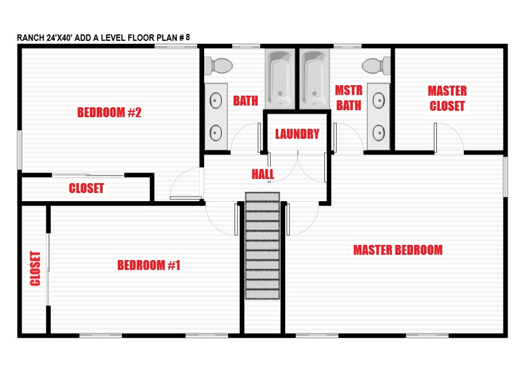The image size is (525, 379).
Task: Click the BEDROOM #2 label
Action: coord(109,113)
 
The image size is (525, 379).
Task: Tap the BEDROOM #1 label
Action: coord(149,265)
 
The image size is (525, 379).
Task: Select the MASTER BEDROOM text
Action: coord(398,250)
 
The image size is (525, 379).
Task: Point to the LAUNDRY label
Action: coord(297,134)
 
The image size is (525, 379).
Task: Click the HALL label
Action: coord(263,174)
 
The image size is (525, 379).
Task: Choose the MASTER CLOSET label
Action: coord(447,99)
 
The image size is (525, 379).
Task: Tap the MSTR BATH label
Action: coord(349,98)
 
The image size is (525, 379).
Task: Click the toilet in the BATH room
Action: coord(218,66)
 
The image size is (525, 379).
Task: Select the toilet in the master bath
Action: coord(376,66)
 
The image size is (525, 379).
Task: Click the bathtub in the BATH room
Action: coord(280,79)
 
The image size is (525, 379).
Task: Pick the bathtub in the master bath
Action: coord(314,79)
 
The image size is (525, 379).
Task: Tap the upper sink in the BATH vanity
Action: coord(216,100)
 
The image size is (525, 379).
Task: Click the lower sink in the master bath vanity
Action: coord(379,132)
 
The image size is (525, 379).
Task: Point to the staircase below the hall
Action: coord(262,245)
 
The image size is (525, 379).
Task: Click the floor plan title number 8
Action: coord(188,37)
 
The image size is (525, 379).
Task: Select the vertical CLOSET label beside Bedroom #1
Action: coord(35,269)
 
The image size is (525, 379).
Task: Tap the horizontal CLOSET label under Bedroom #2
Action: coord(86,188)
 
